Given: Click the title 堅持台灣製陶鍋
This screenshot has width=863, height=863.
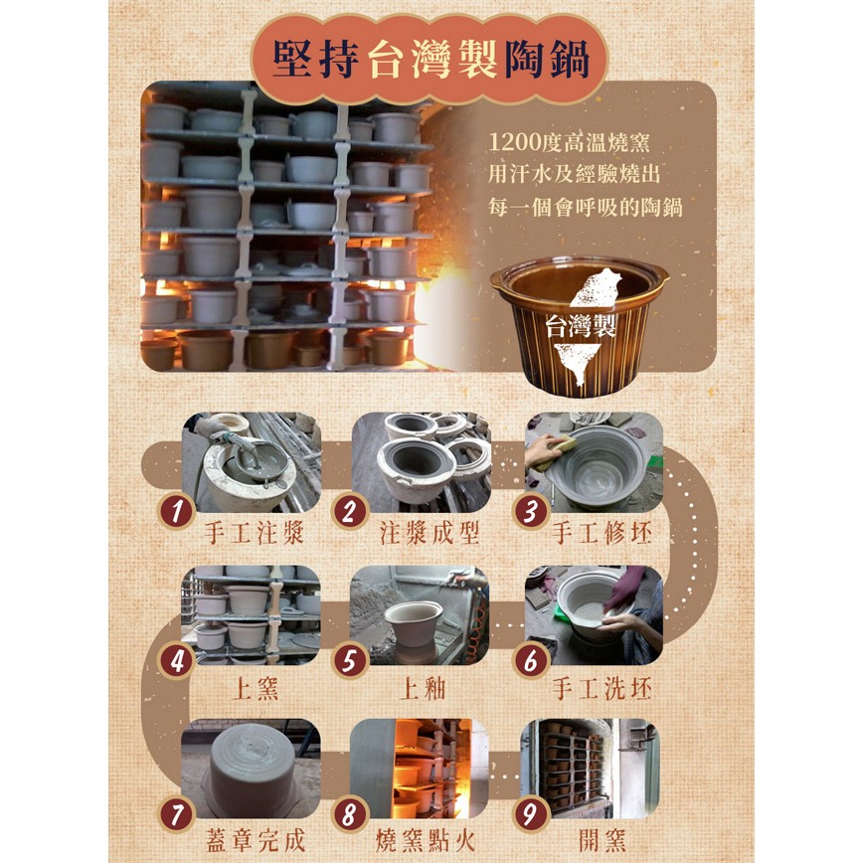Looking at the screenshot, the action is pos(431,59).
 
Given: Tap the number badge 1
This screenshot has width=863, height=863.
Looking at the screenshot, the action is pos(177,511).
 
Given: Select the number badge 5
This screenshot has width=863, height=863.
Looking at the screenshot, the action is pos(350,661).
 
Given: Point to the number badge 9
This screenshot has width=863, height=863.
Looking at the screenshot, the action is pos(530,813).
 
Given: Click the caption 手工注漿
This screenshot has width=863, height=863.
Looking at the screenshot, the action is pos(255,533).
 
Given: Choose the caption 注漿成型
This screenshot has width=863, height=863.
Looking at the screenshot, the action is pos(430,533).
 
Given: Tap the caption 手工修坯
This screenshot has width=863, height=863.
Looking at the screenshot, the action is pos(603,533).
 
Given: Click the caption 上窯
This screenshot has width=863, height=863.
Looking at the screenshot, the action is pos(256,689).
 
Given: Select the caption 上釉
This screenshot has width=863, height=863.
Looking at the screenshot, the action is pos(423,689).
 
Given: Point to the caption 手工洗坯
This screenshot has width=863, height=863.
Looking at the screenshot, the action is pos(603,689).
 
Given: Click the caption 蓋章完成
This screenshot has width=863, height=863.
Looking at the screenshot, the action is pos(256,841).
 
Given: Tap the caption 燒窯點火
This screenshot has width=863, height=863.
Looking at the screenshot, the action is pos(426,841).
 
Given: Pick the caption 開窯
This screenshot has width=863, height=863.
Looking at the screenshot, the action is pos(603,841).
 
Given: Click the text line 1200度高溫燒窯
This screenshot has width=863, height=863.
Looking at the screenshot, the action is pos(569,142).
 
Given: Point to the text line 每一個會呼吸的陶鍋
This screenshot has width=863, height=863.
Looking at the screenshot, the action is pos(585,208).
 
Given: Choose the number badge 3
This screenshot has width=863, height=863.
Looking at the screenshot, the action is pos(530,511).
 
